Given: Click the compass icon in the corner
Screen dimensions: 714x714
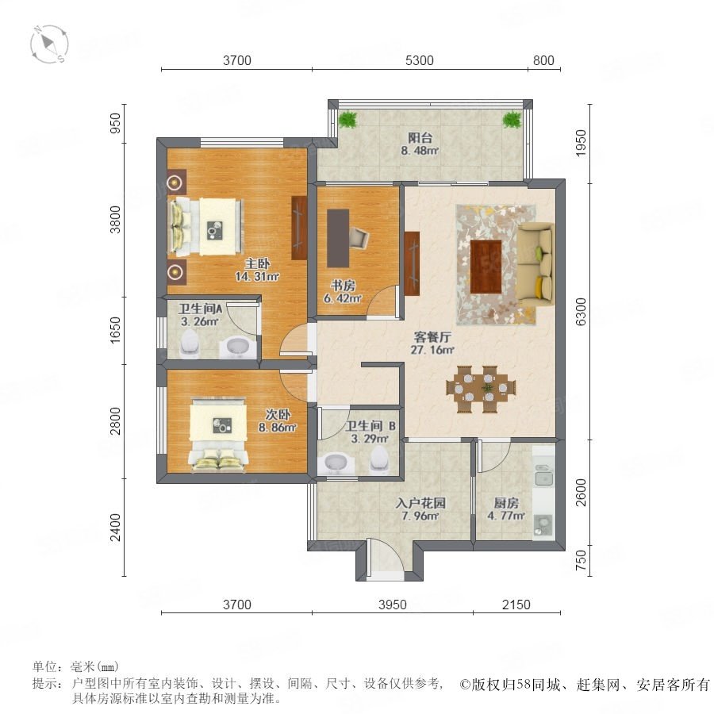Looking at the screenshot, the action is pos(49,44).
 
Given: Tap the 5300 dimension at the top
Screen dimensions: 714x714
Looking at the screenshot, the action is pos(420,60).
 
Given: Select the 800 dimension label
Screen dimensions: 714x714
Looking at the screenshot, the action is pos(543,60).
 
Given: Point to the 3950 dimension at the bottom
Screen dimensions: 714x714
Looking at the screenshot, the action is pos(393,605).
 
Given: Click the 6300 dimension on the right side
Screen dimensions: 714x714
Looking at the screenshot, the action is pos(581,312).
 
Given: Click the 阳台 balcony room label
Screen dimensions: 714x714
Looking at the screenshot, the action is pos(420,137).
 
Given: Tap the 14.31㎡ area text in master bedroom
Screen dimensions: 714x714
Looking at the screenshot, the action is pos(257,276).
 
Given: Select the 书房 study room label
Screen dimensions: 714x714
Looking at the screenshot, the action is pos(343,286).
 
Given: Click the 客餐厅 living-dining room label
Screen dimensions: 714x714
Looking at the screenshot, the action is pos(432,337).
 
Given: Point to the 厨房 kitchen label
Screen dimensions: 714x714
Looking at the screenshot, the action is pos(506,503).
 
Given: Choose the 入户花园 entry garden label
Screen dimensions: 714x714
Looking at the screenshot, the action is pos(420,503).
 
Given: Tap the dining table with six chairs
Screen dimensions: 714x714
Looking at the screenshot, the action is pos(481,389).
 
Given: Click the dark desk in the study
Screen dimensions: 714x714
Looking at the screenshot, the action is pos(338,238).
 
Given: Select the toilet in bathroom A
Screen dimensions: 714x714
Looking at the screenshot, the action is pos(190,342).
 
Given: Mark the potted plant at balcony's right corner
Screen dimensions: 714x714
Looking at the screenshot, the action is pos(512,119).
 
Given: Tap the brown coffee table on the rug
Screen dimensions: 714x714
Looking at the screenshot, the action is pos(486,267).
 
